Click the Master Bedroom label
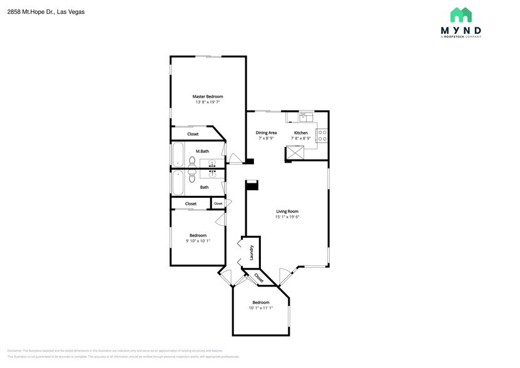(x=207, y=96)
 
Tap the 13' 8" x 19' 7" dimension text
(x=207, y=102)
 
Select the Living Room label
(x=287, y=211)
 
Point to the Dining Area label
(x=266, y=133)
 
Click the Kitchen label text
(x=301, y=133)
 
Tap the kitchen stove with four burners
(x=322, y=136)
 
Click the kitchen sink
(x=305, y=116)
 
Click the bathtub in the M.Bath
(x=178, y=155)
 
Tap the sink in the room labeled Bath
(x=213, y=175)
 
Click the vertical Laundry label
(x=252, y=252)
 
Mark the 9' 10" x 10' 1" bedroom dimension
(x=198, y=241)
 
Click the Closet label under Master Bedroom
(x=193, y=134)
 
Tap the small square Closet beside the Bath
(x=218, y=203)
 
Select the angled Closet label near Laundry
(x=258, y=277)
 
